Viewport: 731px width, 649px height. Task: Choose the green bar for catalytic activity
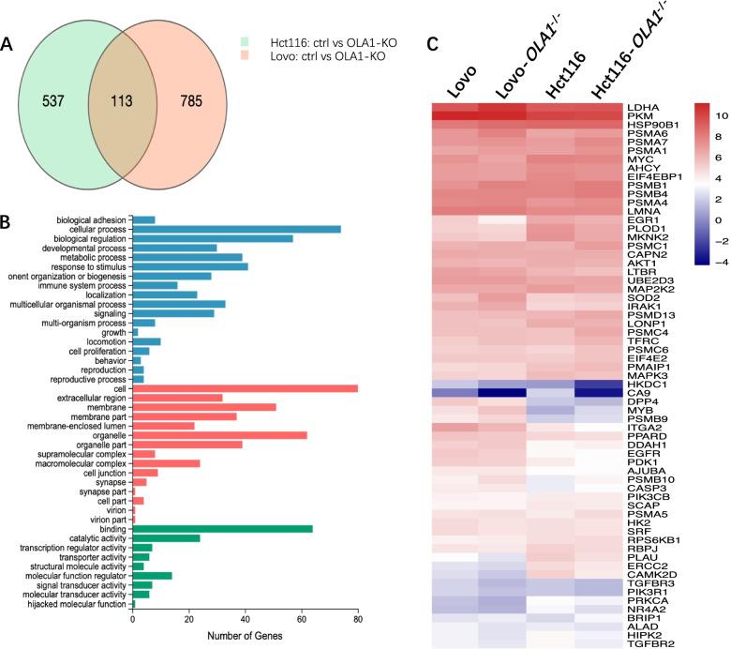[x=165, y=541]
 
